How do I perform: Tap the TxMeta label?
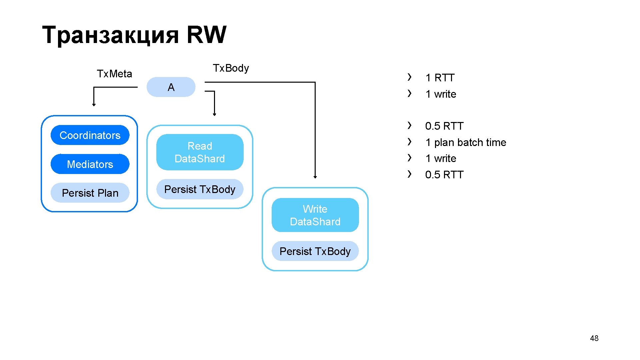[114, 74]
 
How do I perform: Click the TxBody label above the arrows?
[231, 68]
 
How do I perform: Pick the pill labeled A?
[171, 87]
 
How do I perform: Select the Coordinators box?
[90, 135]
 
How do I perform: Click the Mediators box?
[90, 164]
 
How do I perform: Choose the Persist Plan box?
[90, 193]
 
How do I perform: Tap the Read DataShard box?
[200, 152]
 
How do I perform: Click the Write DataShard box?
[315, 215]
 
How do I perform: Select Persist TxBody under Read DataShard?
[200, 189]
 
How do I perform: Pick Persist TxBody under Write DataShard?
[315, 251]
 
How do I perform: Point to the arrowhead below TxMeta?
[94, 105]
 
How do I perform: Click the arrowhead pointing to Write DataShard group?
[315, 177]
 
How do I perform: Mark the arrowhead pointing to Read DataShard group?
[215, 114]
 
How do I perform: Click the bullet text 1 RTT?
[440, 78]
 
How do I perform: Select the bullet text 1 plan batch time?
[465, 142]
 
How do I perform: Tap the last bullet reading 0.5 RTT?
[444, 175]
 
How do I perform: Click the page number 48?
[594, 338]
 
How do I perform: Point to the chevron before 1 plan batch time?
[410, 142]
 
